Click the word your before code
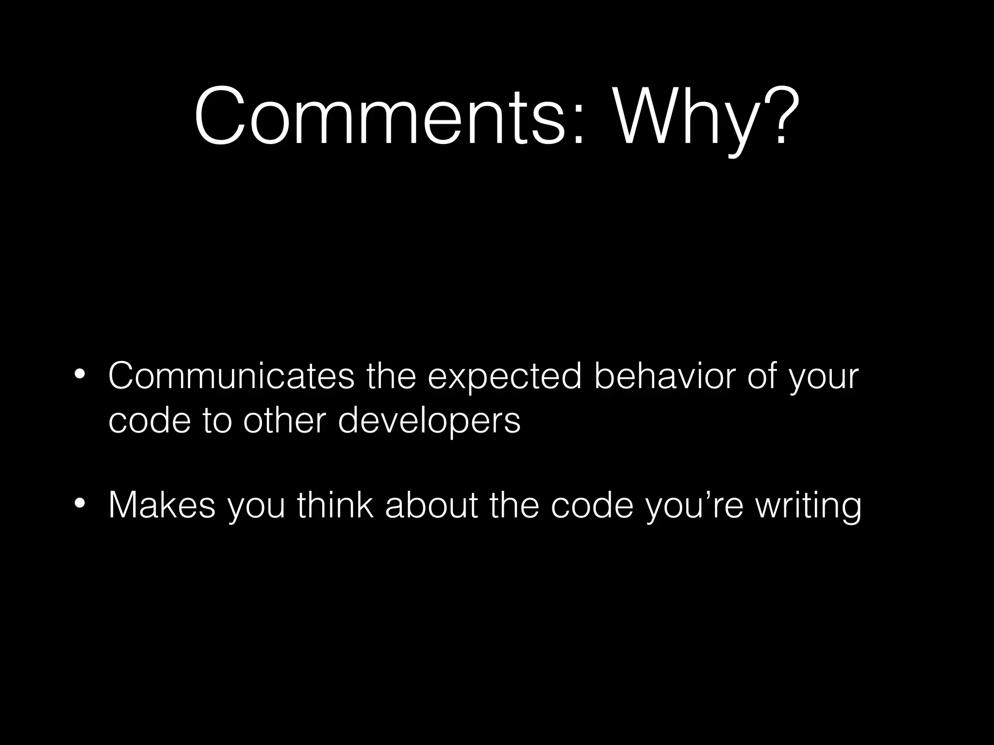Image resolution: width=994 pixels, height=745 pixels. (823, 378)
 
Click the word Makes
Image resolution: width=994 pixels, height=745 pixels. (162, 506)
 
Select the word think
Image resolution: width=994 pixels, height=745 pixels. (335, 505)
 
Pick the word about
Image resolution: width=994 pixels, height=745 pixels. (431, 505)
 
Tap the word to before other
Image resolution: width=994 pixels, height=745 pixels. (217, 420)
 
